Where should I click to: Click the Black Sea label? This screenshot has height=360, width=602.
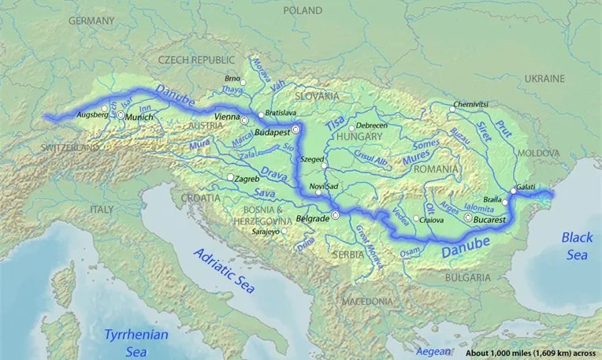(578, 247)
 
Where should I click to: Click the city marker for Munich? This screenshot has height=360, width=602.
(121, 115)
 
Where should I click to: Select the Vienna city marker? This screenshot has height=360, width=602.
(244, 120)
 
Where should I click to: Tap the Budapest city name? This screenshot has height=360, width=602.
(273, 133)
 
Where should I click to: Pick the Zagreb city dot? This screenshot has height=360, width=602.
(230, 178)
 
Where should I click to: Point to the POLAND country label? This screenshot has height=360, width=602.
(303, 11)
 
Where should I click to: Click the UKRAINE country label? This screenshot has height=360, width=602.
(545, 79)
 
